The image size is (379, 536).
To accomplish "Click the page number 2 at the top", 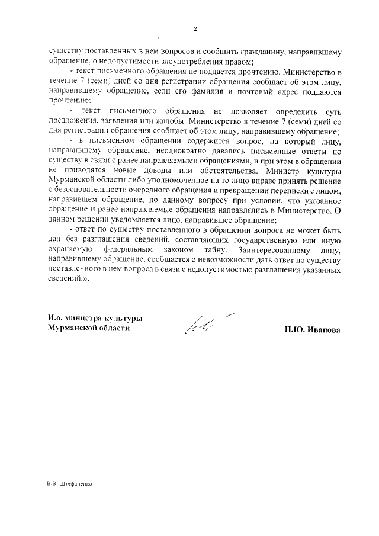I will pos(195,28).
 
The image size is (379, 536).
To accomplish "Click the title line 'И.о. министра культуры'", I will pos(95,318).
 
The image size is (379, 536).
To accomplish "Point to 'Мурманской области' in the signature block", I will pos(89,328).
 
